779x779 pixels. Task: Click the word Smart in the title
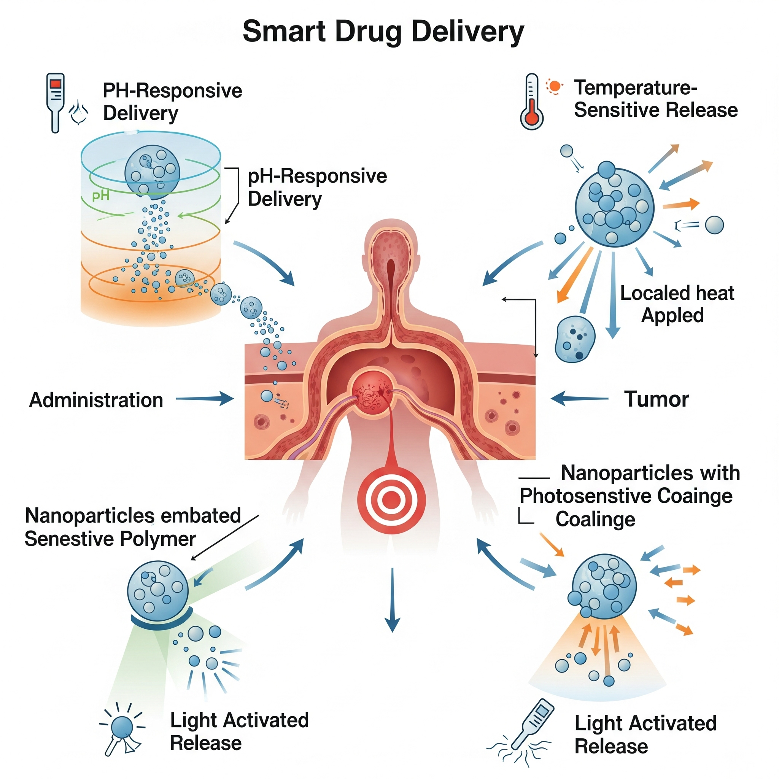pyautogui.click(x=284, y=32)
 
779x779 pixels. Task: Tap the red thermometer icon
pyautogui.click(x=531, y=102)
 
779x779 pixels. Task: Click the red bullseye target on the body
pyautogui.click(x=391, y=500)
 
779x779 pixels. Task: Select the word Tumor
pyautogui.click(x=657, y=399)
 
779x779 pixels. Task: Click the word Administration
pyautogui.click(x=96, y=401)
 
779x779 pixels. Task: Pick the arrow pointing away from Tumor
pyautogui.click(x=579, y=398)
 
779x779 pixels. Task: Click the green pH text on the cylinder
pyautogui.click(x=100, y=196)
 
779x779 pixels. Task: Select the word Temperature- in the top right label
pyautogui.click(x=636, y=87)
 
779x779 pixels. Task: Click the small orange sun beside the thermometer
pyautogui.click(x=555, y=86)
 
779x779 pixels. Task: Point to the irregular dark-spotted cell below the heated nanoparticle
pyautogui.click(x=575, y=339)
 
